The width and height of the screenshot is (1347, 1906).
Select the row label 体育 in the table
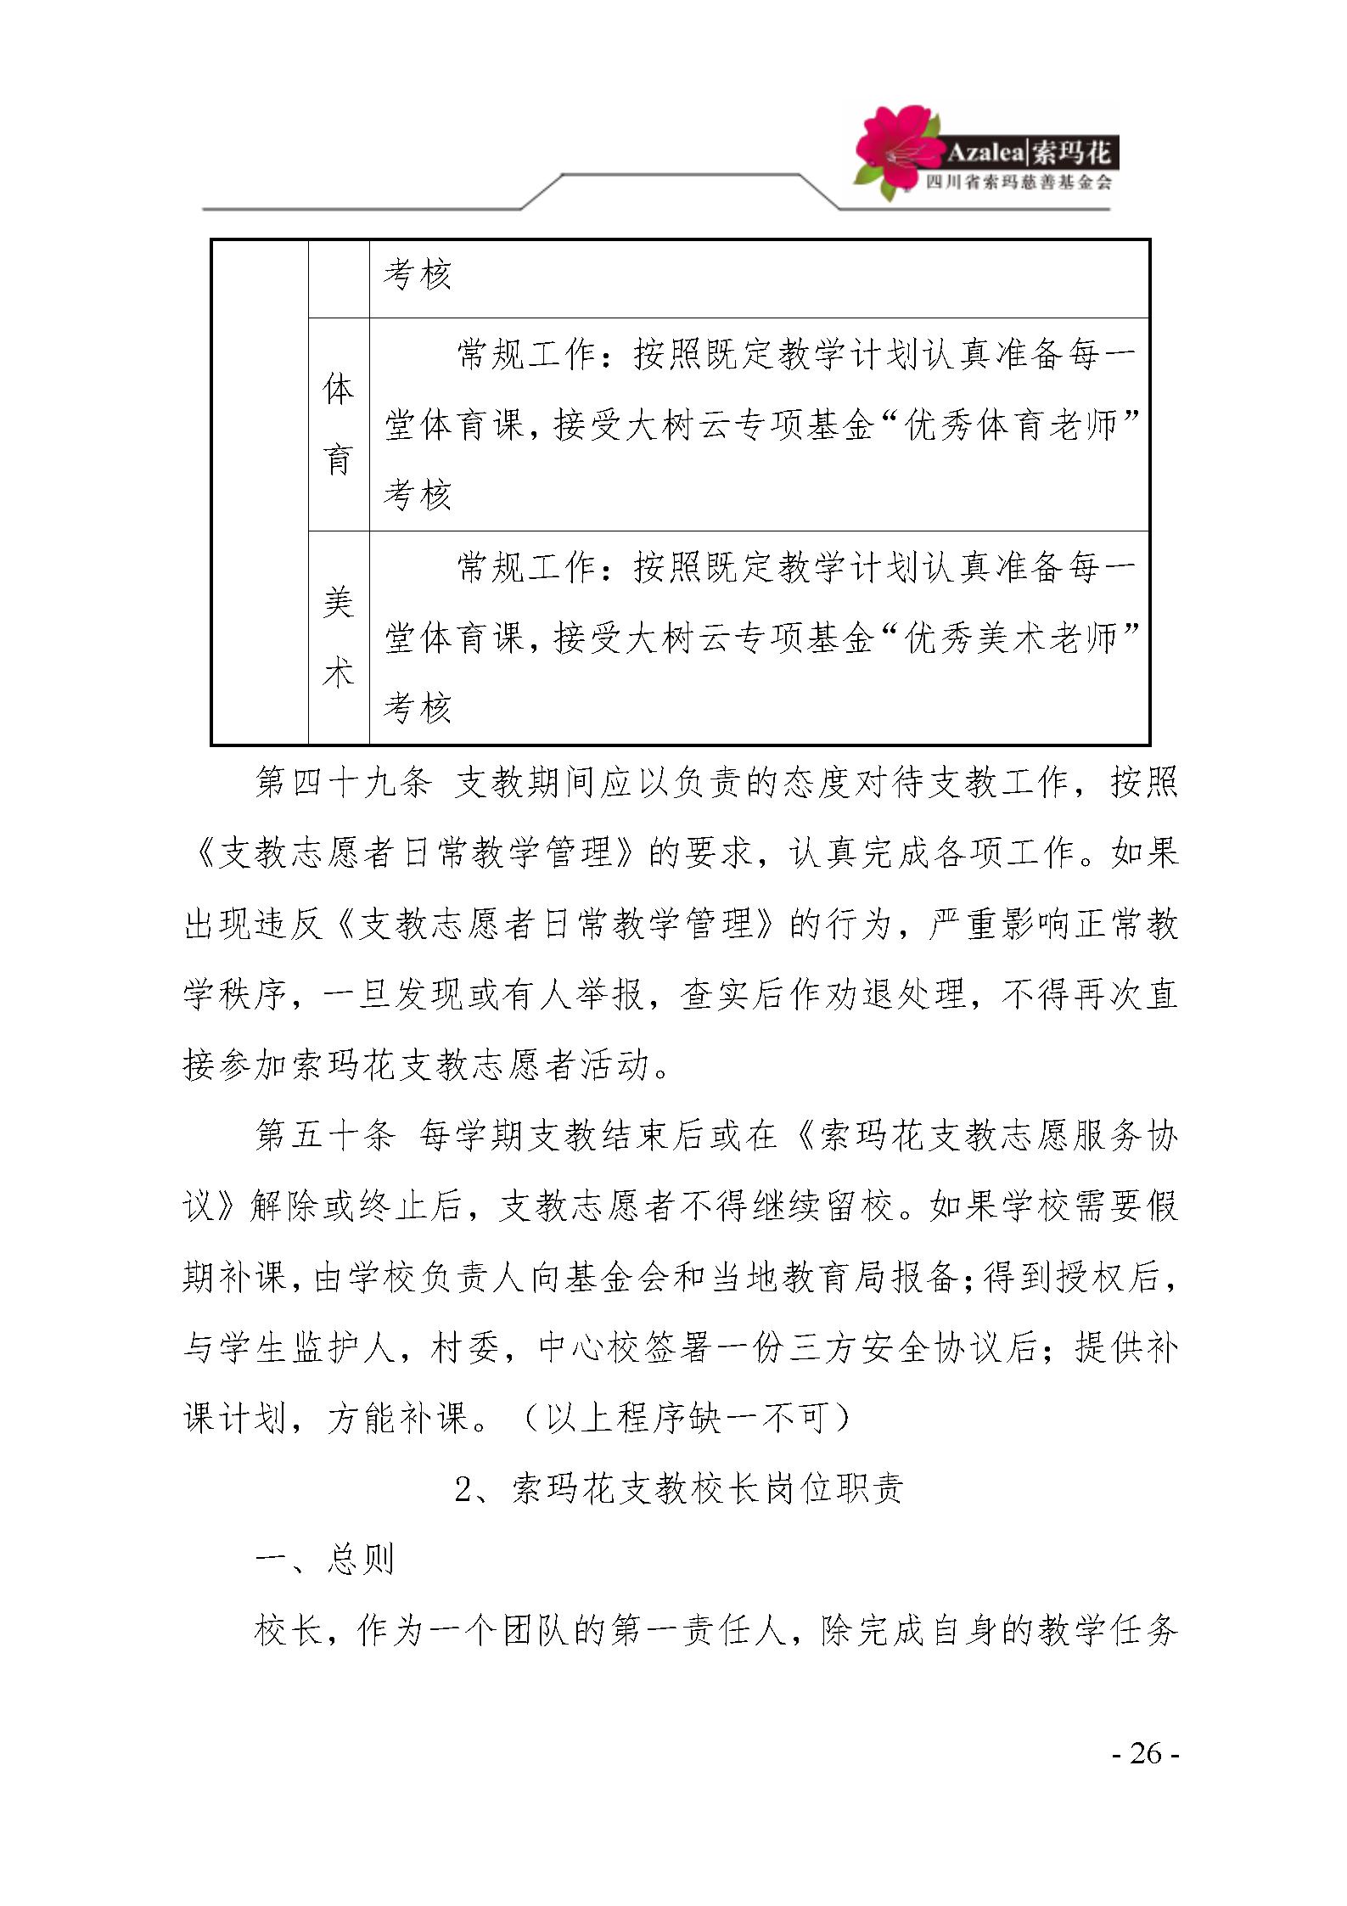point(338,424)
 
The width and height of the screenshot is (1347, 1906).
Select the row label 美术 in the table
point(338,638)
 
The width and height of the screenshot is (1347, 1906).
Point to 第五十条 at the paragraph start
point(325,1136)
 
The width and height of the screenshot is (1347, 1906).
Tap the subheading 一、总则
point(325,1560)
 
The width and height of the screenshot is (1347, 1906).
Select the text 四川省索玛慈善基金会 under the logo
point(1018,183)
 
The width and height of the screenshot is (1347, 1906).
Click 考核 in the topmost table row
point(417,274)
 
